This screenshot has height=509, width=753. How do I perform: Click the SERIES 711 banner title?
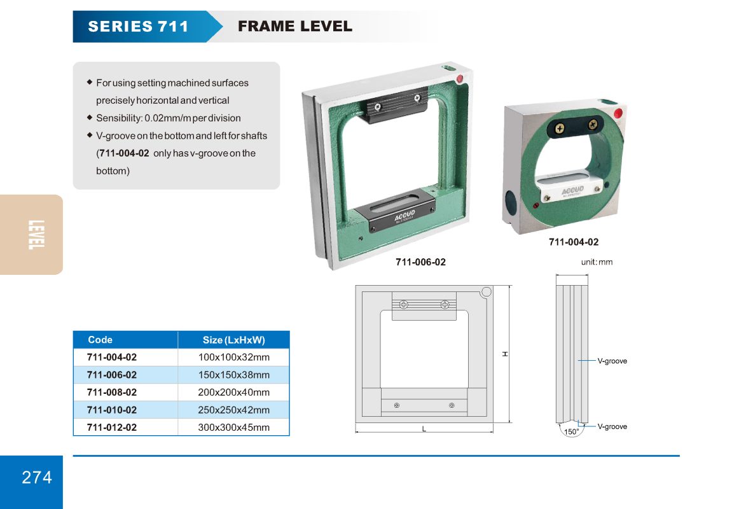138,27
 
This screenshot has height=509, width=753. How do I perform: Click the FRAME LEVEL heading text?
295,26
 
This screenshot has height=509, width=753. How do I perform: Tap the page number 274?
37,477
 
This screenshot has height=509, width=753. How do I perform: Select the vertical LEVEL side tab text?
36,235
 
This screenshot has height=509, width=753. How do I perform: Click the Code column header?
100,340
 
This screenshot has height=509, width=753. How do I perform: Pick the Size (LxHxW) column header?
233,340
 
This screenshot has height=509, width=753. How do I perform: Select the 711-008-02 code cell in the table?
112,392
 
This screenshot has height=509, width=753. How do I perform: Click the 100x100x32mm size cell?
234,357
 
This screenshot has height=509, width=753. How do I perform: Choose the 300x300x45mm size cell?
234,428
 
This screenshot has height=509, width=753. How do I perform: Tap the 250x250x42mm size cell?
234,410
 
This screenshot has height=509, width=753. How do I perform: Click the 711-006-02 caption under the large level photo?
420,262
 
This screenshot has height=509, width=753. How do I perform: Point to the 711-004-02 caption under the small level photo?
574,242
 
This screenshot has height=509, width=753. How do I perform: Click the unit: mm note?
597,262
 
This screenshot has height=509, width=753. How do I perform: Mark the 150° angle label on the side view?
571,431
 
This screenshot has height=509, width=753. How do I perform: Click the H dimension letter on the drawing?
505,354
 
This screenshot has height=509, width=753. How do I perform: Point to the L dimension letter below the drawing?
424,429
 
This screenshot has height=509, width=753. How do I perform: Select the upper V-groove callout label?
612,361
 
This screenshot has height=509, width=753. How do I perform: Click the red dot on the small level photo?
618,113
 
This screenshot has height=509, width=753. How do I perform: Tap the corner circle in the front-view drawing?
486,292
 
